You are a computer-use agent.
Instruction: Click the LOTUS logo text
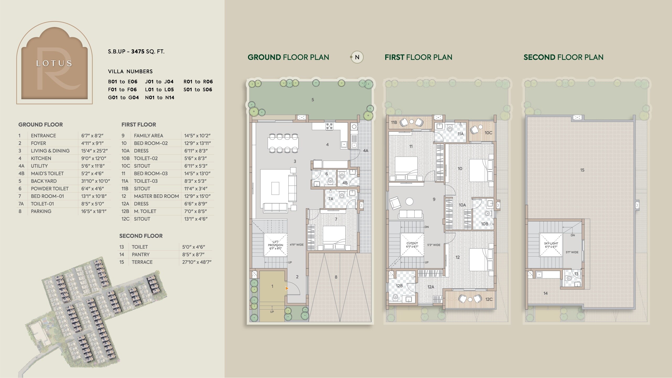point(54,63)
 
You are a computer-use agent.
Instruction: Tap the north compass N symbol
point(357,57)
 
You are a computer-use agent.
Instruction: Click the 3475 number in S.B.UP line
point(138,51)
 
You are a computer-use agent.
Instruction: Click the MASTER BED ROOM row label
point(156,196)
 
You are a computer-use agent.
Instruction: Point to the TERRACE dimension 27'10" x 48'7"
point(197,262)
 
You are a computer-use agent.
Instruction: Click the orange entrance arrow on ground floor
point(287,289)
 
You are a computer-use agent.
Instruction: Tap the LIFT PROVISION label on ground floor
point(276,245)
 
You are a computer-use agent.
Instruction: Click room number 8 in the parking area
point(336,277)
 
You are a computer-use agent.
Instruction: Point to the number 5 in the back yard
point(313,100)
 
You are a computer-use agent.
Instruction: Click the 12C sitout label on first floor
point(489,299)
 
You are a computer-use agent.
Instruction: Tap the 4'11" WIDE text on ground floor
point(297,245)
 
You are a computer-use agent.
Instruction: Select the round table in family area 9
point(409,201)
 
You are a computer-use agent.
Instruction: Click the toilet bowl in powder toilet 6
point(330,180)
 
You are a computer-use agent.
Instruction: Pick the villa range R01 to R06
point(198,82)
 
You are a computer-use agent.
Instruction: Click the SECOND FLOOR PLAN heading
point(563,57)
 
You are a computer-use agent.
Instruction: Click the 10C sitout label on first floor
point(488,133)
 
